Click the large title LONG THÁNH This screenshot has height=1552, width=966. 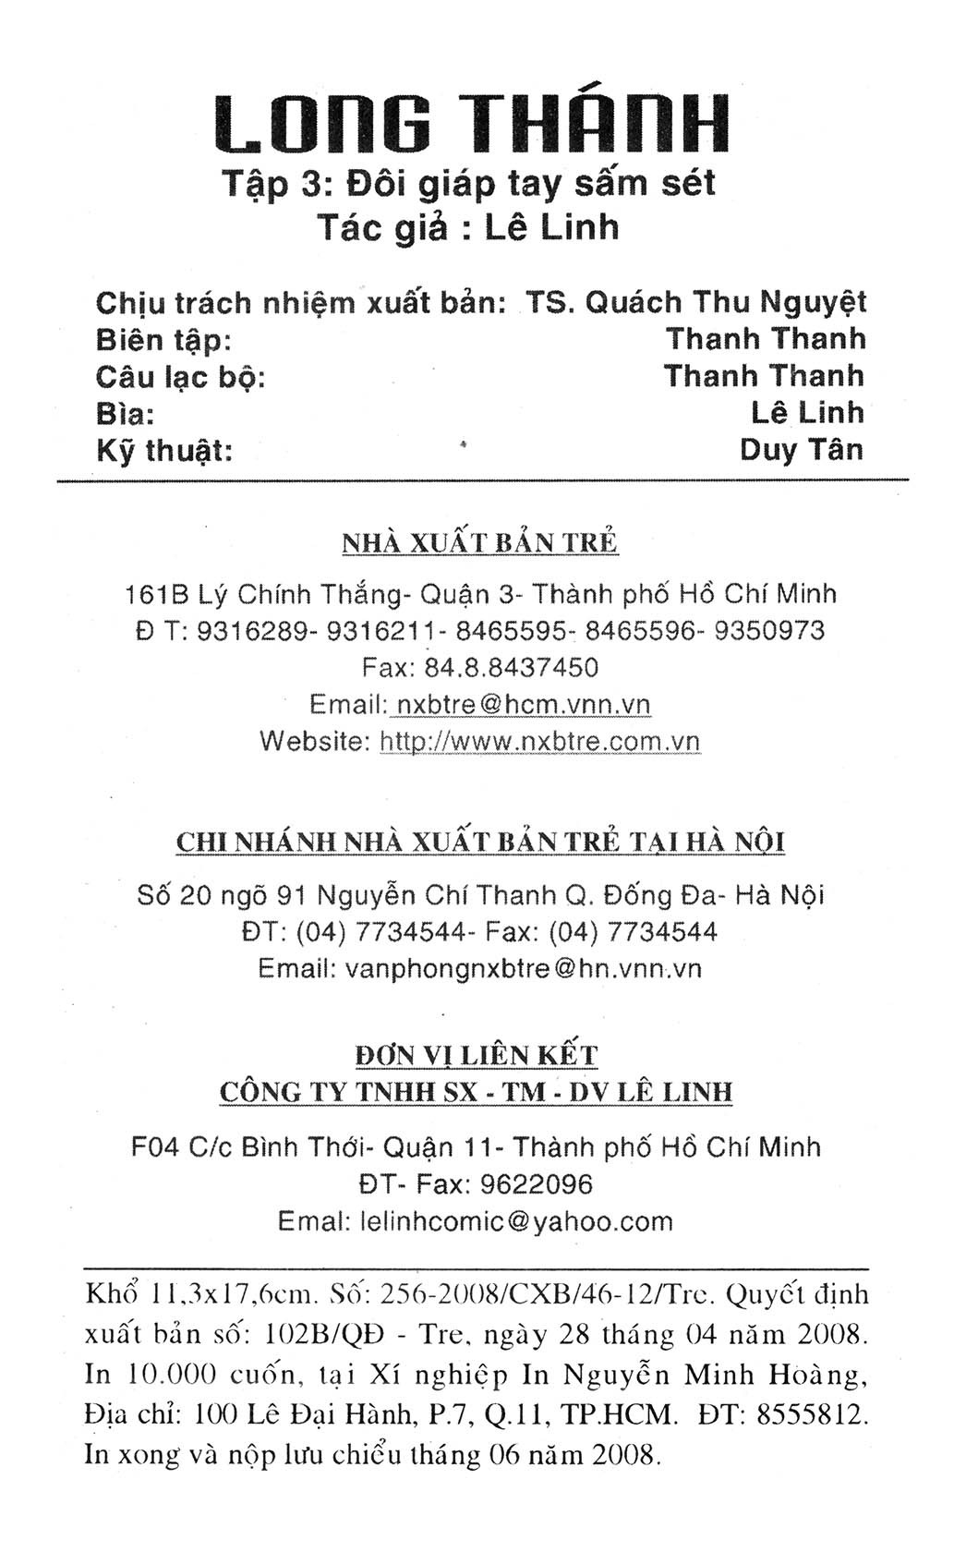point(473,123)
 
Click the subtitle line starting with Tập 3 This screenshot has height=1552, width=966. point(468,184)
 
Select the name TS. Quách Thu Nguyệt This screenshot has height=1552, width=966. point(695,302)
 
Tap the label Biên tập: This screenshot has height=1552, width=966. point(163,340)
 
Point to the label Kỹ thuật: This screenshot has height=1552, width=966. point(163,450)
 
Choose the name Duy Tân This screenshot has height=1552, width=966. point(802,450)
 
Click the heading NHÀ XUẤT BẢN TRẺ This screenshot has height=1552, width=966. point(479,542)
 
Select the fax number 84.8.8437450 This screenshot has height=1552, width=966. point(510,667)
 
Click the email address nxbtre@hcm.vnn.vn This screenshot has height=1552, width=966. point(521,704)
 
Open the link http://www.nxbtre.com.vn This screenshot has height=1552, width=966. point(539,741)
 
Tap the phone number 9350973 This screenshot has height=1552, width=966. point(770,630)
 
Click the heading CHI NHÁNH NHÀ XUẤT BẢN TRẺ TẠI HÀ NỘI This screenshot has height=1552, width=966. point(480,843)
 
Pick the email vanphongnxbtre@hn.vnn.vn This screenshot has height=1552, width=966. point(523,968)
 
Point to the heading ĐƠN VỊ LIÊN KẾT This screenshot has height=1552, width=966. point(477,1055)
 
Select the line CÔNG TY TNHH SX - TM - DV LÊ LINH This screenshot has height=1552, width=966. point(476,1092)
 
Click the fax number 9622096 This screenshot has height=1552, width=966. point(537,1184)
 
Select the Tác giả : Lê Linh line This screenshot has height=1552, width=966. point(468,226)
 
